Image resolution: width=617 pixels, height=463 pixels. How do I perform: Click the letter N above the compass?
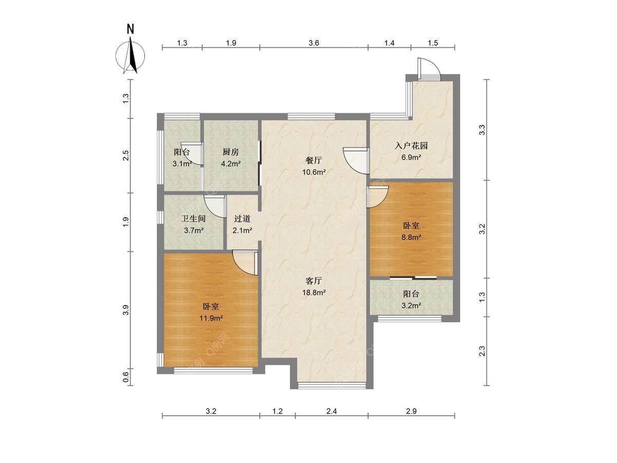tap(130, 29)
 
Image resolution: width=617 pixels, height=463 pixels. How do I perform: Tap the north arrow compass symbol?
tap(131, 56)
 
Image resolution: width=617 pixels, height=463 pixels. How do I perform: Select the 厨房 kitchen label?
tap(230, 152)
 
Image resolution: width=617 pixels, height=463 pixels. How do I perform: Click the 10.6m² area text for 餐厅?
tap(314, 172)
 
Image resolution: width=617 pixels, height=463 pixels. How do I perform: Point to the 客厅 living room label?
tap(314, 280)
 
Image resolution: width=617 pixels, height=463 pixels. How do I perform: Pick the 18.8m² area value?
tap(314, 293)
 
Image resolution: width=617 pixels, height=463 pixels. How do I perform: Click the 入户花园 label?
tap(411, 146)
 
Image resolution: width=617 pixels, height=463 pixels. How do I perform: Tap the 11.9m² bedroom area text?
tap(211, 318)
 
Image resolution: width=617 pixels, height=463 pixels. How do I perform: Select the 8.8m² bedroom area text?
tap(411, 237)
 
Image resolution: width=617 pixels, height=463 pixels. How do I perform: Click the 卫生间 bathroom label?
tap(193, 219)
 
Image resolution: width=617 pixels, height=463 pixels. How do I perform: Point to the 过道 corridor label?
tap(242, 219)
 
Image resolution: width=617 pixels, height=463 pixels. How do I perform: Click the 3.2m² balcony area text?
tap(411, 306)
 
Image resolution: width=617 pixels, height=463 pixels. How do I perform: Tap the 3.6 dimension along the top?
tap(314, 43)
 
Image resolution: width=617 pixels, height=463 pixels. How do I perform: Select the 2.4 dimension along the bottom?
tap(332, 411)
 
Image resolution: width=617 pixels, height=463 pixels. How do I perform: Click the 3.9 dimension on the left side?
tap(126, 310)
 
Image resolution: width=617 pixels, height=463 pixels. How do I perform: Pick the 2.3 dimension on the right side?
tap(482, 351)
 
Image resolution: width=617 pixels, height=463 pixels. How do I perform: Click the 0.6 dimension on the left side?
tap(126, 377)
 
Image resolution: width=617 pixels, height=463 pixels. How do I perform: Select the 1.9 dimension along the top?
tap(231, 43)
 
